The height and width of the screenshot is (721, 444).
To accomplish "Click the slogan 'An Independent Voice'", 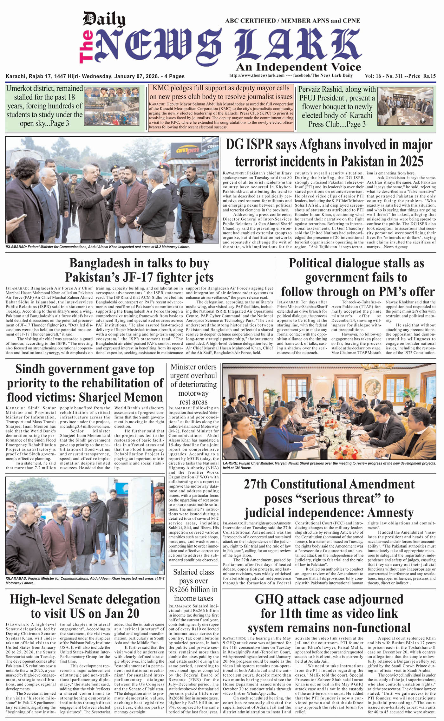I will (298, 67).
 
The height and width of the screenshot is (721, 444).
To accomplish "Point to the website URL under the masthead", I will (257, 75).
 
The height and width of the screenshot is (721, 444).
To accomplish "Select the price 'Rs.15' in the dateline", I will (429, 76).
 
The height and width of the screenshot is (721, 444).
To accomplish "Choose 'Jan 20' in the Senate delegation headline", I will (122, 614).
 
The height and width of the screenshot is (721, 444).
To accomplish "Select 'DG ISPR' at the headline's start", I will (249, 145).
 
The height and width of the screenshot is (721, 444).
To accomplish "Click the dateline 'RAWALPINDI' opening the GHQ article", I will (234, 638).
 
